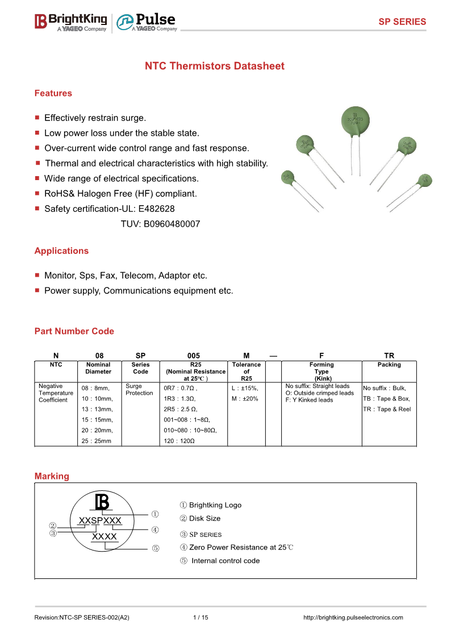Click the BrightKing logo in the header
click(x=70, y=22)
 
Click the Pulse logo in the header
click(x=147, y=22)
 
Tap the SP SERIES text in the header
click(x=402, y=22)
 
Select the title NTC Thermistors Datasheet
click(x=215, y=66)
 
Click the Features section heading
click(x=53, y=93)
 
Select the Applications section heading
click(x=61, y=251)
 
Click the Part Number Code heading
click(x=74, y=331)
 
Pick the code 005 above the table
click(x=193, y=355)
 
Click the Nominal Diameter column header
click(x=98, y=368)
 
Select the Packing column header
click(x=389, y=365)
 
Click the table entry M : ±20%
click(x=245, y=399)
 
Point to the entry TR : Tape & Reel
click(x=387, y=409)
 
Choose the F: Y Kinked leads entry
click(x=309, y=400)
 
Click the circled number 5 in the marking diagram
click(x=156, y=548)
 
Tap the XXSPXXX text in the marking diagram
click(x=99, y=521)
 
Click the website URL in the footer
click(x=353, y=618)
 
